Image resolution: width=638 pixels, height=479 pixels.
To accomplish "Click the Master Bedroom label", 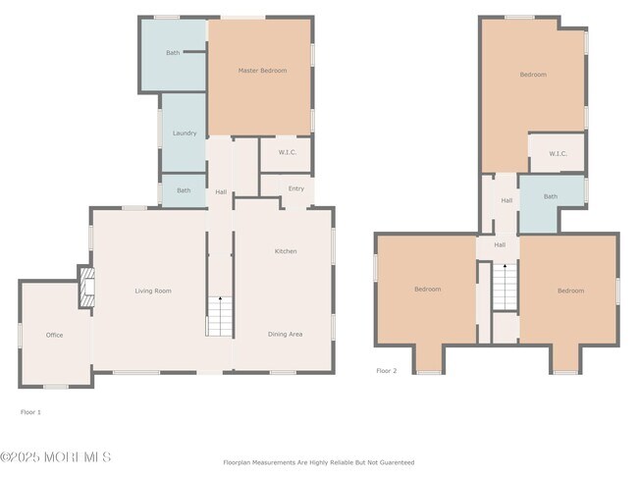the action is (262, 71).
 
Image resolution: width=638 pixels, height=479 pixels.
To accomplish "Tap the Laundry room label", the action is (185, 133).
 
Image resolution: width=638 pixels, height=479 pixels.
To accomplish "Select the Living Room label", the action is (153, 291).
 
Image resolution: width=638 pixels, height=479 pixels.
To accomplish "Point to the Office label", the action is (54, 335).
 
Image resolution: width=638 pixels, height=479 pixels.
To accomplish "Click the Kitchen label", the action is (286, 251).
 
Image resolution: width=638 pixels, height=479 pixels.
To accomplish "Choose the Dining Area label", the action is (285, 334).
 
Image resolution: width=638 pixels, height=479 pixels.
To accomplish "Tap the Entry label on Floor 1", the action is (295, 188).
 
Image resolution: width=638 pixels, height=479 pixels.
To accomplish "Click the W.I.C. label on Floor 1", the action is (288, 152).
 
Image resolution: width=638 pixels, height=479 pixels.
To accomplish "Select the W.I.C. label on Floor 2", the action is (558, 153).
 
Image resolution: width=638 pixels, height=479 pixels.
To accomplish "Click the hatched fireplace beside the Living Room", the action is (87, 288).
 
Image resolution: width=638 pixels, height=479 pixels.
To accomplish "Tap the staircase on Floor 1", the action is (220, 316).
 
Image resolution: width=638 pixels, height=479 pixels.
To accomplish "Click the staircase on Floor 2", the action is (505, 287).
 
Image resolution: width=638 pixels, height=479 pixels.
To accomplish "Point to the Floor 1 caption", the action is (30, 412).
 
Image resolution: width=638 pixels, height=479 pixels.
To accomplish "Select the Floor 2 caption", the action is (386, 371).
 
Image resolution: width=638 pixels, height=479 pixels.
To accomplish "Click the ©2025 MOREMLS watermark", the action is (55, 457).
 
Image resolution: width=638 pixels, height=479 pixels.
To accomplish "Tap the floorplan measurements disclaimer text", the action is (319, 462).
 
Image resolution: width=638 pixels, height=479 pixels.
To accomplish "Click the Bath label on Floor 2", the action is (551, 196).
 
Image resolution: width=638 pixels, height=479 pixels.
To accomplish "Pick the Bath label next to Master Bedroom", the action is (173, 53).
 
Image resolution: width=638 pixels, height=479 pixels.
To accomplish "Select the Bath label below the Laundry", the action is (184, 190).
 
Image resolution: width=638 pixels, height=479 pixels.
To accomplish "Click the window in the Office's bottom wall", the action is (56, 387).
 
